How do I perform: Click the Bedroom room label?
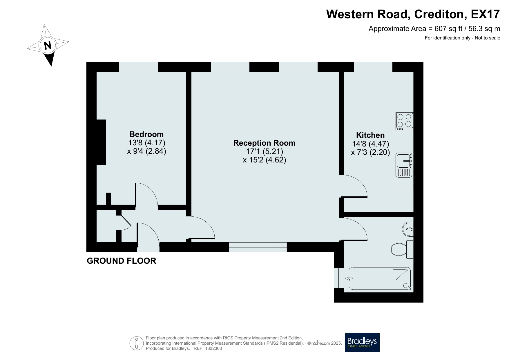coord(146,134)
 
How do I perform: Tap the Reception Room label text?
coord(265,143)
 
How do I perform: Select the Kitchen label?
coord(370,135)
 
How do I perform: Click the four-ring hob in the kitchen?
coord(404,121)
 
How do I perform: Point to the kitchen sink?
coord(404,165)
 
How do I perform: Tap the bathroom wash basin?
coord(408,229)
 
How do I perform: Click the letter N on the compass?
coord(48,45)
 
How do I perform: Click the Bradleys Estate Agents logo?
coord(362,342)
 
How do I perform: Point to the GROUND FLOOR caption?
coord(122,261)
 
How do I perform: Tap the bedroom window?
coord(138,67)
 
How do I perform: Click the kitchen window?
coord(373,67)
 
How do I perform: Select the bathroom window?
coord(336,278)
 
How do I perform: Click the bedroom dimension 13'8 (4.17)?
coord(146,143)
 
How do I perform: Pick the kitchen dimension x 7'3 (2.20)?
coord(370,152)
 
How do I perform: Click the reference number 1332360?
coord(213,348)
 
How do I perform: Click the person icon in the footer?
coord(137,343)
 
